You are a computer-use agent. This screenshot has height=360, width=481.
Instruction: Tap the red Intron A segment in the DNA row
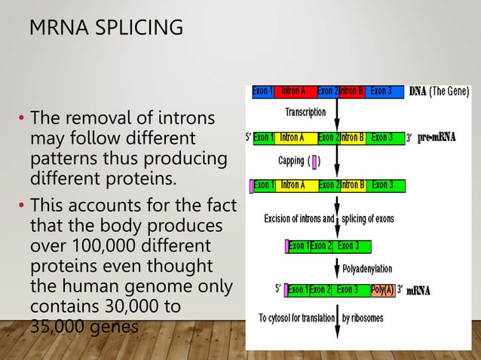tap(293, 92)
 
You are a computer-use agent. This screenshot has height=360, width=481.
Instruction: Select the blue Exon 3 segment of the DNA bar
tap(381, 92)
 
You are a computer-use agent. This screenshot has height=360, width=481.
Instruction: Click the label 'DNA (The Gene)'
tap(440, 92)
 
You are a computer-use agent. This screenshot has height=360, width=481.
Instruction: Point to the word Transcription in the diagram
tap(305, 112)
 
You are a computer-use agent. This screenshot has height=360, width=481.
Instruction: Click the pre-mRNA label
tap(437, 138)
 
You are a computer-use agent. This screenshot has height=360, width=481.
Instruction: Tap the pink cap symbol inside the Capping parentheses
tap(315, 160)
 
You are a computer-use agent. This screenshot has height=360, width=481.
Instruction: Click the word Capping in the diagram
tap(291, 160)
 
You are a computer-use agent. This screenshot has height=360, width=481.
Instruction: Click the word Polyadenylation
tap(368, 267)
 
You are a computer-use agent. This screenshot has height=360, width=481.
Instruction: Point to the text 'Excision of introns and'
tap(299, 219)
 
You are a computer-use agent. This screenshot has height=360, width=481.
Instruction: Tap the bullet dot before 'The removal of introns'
tap(22, 119)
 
